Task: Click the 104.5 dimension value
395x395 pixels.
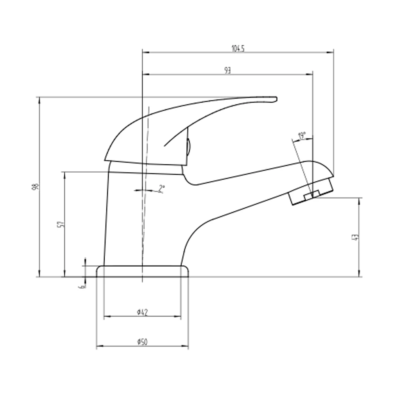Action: (x=238, y=49)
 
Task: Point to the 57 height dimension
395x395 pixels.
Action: (x=60, y=224)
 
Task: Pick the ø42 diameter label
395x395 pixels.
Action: (x=142, y=312)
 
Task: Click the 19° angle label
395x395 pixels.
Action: (x=302, y=137)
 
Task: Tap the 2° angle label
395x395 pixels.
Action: (x=161, y=188)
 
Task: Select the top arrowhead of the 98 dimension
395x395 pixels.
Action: (x=39, y=99)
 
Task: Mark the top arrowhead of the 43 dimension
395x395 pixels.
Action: (x=359, y=200)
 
